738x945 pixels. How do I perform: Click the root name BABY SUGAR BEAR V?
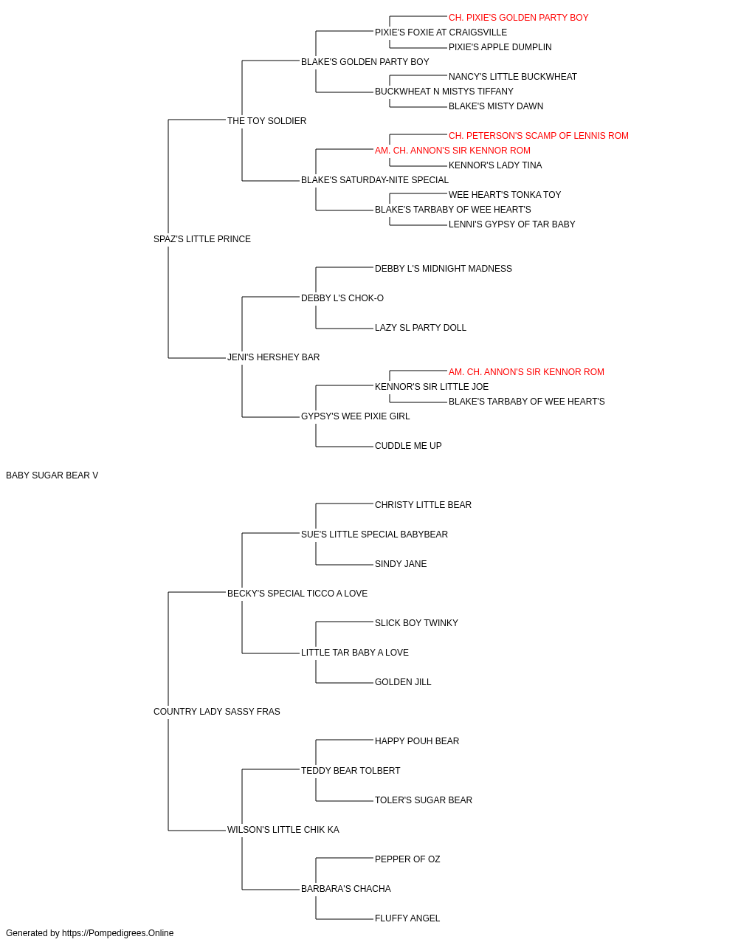point(52,475)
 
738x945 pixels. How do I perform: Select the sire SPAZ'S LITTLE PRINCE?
point(202,239)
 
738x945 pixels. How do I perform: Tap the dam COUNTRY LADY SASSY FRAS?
point(217,712)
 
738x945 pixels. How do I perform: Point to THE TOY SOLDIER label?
point(267,121)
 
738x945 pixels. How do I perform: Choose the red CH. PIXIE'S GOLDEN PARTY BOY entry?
point(519,18)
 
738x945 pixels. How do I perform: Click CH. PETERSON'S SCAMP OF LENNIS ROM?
point(539,136)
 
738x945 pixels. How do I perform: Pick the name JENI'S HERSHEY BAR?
point(273,357)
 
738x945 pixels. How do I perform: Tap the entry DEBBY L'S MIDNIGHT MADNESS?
point(444,269)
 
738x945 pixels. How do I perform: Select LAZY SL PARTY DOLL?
point(421,328)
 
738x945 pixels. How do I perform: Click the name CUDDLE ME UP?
point(408,446)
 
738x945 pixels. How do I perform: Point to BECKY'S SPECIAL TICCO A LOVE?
point(297,594)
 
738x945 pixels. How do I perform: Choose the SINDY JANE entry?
point(401,564)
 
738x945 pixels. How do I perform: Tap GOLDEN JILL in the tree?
point(403,682)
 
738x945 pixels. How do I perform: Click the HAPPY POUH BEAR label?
point(417,741)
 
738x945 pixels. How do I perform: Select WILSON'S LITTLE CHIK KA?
point(283,830)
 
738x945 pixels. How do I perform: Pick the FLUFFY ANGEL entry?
point(407,918)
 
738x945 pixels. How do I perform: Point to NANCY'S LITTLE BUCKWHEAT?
point(513,77)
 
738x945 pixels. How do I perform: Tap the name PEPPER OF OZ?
point(407,859)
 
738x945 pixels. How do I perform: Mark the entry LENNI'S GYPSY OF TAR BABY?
point(512,224)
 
